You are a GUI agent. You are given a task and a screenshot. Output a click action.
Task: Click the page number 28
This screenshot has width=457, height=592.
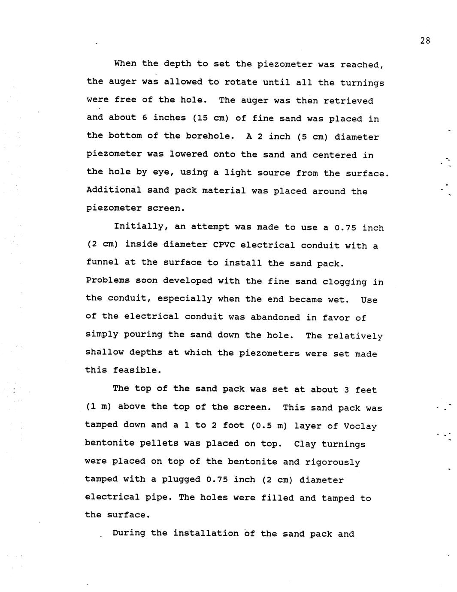[x=425, y=41]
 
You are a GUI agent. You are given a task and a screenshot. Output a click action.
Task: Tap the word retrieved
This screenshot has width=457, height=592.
[x=348, y=101]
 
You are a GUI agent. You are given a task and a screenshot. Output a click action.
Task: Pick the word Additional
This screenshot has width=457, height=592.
[x=114, y=190]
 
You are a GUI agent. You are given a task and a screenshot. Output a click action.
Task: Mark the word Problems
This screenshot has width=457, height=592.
[x=108, y=281]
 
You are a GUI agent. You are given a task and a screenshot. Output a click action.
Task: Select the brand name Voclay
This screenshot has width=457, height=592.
[x=360, y=426]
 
